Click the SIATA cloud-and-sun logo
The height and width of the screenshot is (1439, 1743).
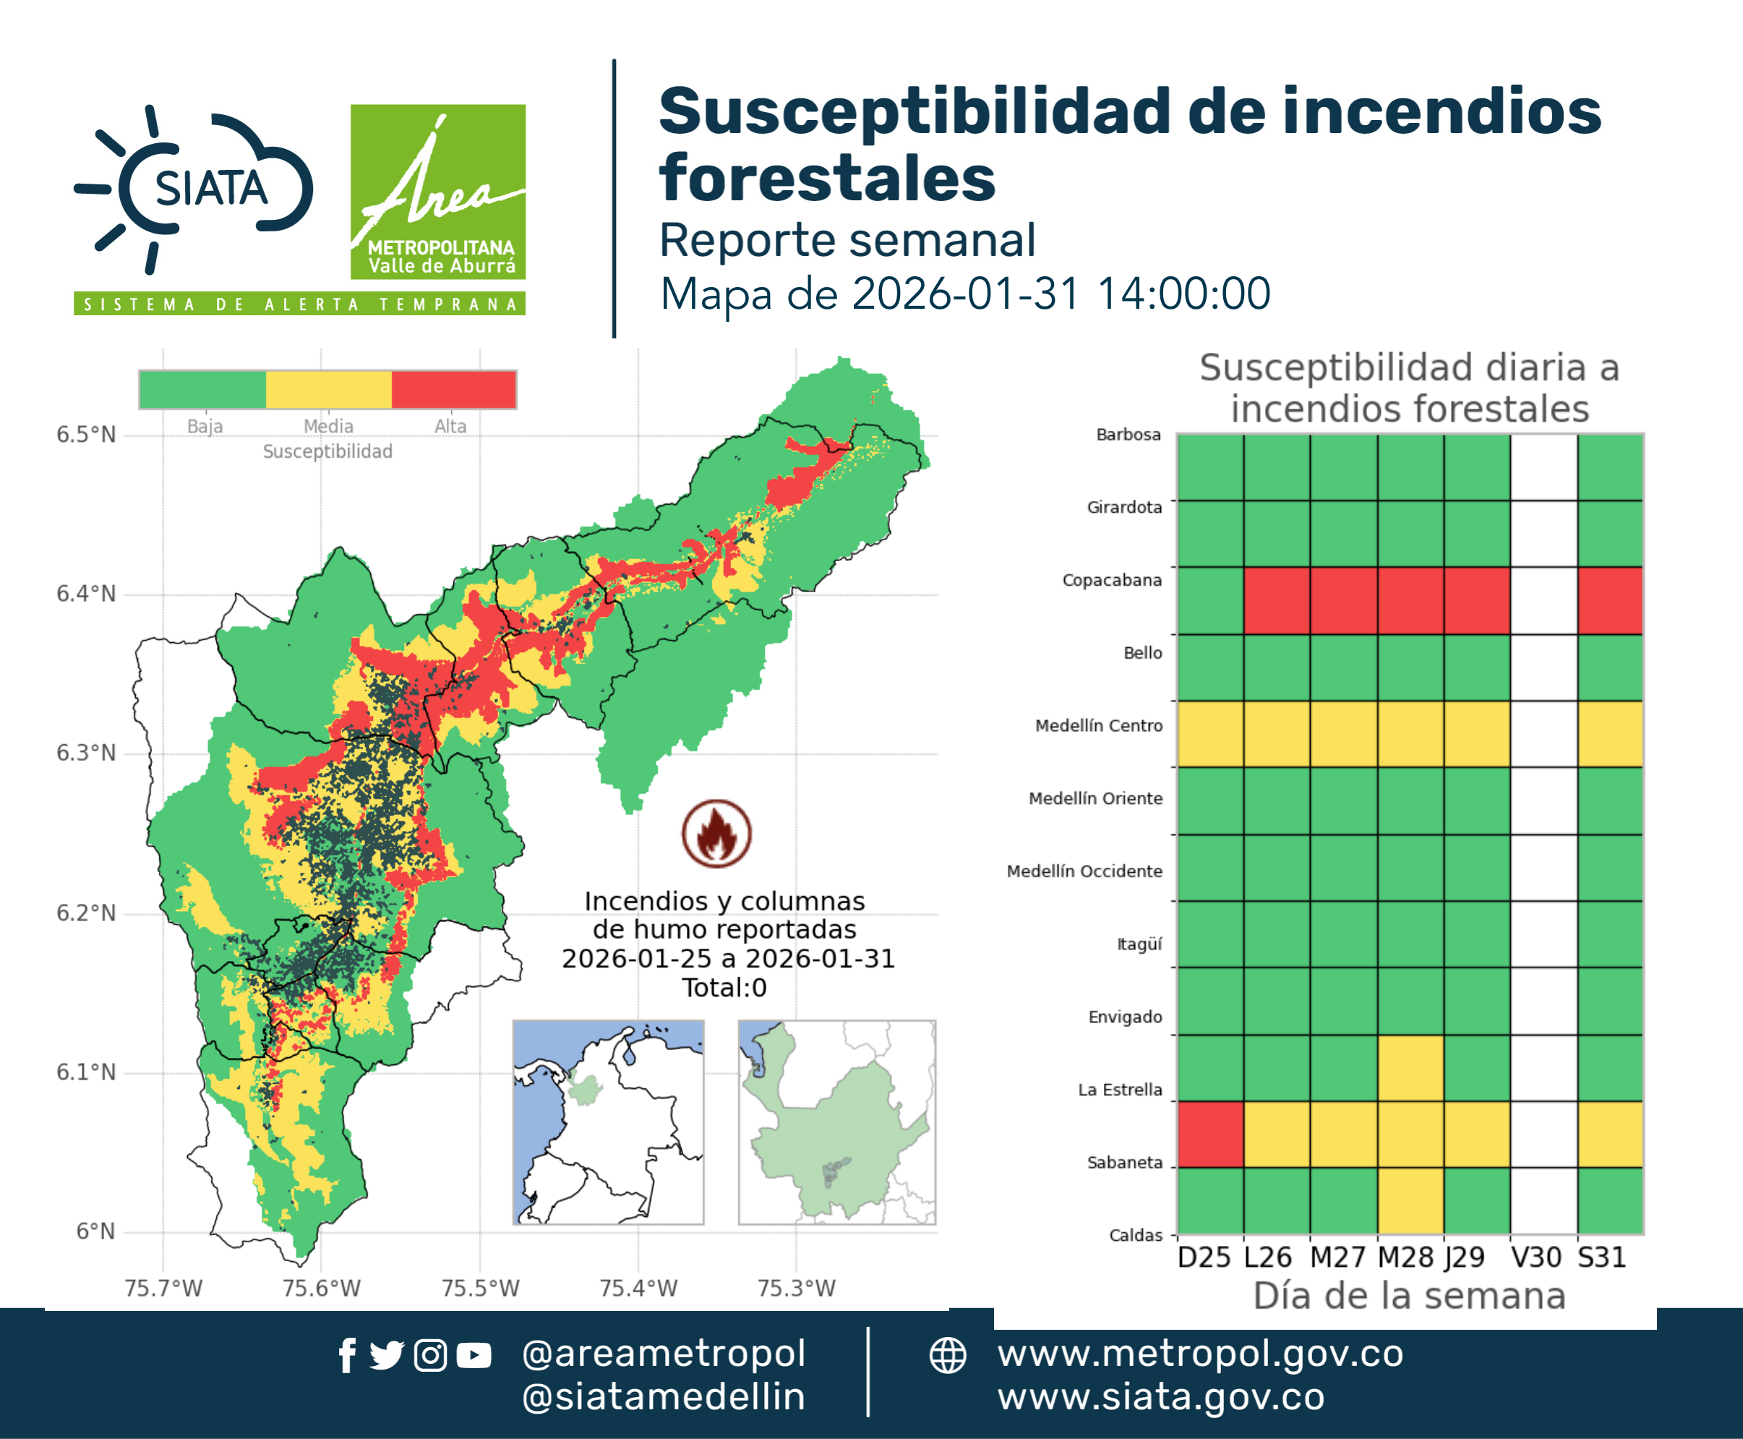(x=194, y=189)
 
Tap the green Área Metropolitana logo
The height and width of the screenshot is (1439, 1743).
(x=437, y=192)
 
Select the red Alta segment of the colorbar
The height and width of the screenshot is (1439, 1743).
(x=453, y=390)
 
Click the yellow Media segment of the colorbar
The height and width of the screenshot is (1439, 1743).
(x=328, y=390)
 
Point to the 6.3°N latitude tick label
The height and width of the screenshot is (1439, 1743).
(x=85, y=753)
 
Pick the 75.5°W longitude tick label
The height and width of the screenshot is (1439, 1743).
(x=480, y=1288)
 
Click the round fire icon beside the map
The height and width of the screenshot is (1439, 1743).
(x=716, y=833)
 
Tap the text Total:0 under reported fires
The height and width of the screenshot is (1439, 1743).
(x=724, y=987)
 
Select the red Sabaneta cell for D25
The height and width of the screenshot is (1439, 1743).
(x=1211, y=1134)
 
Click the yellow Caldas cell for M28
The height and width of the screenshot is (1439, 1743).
(x=1410, y=1200)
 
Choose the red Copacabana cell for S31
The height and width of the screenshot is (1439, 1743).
(x=1611, y=601)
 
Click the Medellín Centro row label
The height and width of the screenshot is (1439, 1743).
(x=1099, y=726)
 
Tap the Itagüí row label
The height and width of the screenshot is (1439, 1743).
(x=1139, y=944)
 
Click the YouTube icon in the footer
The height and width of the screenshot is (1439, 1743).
(x=474, y=1355)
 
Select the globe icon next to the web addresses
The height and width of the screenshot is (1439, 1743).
(x=947, y=1355)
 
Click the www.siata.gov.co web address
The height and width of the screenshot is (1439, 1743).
(x=1161, y=1397)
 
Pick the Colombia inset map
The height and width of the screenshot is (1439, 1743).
(x=608, y=1122)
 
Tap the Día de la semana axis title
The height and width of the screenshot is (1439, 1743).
(x=1410, y=1296)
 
